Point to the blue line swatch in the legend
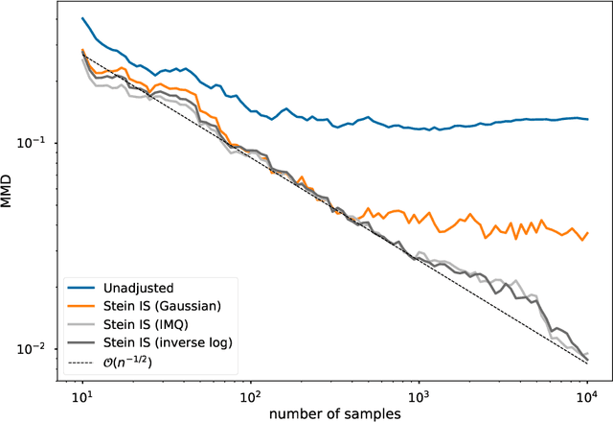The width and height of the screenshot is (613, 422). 83,286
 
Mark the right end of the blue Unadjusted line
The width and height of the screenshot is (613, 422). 587,119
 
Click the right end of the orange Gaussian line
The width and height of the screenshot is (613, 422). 587,232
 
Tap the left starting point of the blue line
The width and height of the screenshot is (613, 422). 82,18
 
